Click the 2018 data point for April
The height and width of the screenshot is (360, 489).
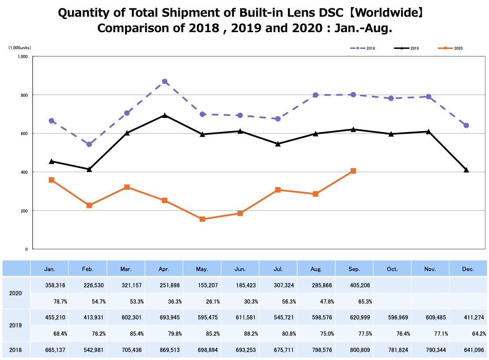click(165, 81)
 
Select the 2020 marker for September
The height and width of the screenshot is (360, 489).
click(353, 171)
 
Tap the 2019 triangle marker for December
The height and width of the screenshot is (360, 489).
click(466, 170)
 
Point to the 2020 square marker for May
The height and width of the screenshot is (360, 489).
click(202, 219)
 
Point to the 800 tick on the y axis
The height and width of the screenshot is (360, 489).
click(25, 95)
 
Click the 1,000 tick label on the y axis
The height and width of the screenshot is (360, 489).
click(23, 56)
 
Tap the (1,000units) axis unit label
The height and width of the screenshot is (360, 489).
click(19, 48)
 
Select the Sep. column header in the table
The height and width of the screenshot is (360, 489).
click(354, 268)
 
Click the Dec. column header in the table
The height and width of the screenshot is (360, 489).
click(468, 268)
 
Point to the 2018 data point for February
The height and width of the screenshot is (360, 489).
click(89, 144)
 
